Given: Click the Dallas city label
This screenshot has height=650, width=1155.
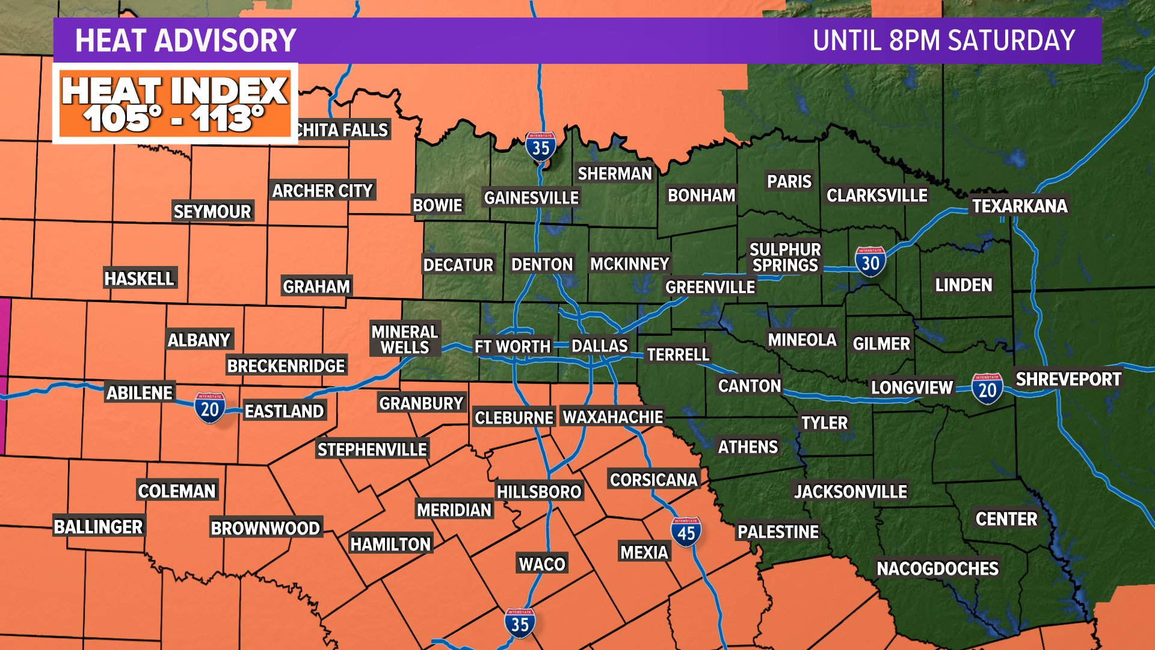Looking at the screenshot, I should pyautogui.click(x=599, y=346).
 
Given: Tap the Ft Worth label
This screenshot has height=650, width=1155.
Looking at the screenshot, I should pyautogui.click(x=512, y=347).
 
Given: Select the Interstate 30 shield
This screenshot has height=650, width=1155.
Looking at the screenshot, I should pyautogui.click(x=870, y=262).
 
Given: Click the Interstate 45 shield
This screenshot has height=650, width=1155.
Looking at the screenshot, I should pyautogui.click(x=686, y=532).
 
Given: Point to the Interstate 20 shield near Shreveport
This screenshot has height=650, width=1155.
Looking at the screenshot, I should pyautogui.click(x=987, y=389).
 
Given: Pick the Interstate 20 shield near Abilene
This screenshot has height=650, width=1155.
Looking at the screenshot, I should pyautogui.click(x=209, y=408).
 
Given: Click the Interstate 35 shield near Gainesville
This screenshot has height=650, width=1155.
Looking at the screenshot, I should pyautogui.click(x=540, y=146).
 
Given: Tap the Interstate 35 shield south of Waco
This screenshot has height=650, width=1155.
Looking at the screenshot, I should pyautogui.click(x=520, y=624).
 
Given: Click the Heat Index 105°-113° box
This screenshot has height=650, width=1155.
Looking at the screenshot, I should pyautogui.click(x=175, y=104).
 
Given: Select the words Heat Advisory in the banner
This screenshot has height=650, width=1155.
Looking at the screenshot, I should pyautogui.click(x=185, y=41).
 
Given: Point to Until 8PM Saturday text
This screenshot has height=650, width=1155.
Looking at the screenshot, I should pyautogui.click(x=943, y=41).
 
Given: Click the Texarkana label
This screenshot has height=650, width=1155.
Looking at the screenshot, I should pyautogui.click(x=1020, y=206).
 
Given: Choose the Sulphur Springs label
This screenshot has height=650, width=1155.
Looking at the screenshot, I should pyautogui.click(x=785, y=257).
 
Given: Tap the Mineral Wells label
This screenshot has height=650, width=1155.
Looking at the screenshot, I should pyautogui.click(x=405, y=339).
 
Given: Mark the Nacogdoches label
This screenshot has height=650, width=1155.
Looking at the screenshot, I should pyautogui.click(x=937, y=568).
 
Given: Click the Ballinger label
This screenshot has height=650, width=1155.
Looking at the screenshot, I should pyautogui.click(x=99, y=527).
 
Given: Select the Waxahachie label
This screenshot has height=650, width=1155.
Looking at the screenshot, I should pyautogui.click(x=612, y=416).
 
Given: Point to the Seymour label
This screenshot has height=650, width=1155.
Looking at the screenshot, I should pyautogui.click(x=212, y=211).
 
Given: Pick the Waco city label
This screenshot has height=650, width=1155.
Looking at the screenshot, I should pyautogui.click(x=542, y=564).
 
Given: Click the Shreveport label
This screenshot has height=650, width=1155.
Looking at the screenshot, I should pyautogui.click(x=1068, y=379).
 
